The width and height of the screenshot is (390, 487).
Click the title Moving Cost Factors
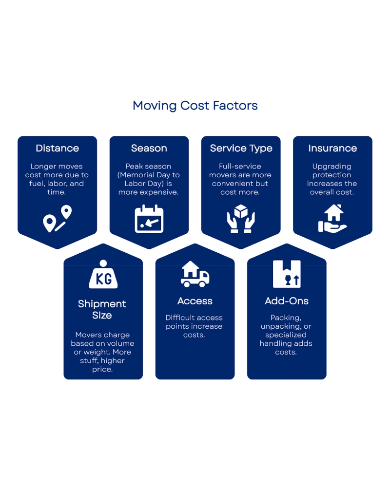click(x=195, y=105)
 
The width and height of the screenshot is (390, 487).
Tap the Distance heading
click(x=57, y=148)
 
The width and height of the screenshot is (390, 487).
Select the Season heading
click(x=149, y=148)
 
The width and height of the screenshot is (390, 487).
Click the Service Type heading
click(x=241, y=148)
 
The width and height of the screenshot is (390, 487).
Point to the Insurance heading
click(x=332, y=148)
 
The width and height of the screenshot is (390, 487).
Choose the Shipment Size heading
click(x=102, y=309)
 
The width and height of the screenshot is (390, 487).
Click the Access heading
click(x=195, y=301)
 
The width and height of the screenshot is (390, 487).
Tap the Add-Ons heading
click(x=287, y=301)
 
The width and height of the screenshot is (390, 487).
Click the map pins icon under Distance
click(x=57, y=219)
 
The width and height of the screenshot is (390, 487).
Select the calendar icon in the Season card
click(x=149, y=219)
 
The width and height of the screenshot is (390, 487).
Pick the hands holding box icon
click(x=241, y=219)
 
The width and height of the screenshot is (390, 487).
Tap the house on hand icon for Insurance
click(x=332, y=219)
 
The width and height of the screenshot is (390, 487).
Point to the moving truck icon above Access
click(x=195, y=274)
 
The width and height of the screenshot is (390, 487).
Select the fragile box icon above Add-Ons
click(x=287, y=274)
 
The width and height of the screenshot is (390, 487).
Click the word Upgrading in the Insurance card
click(x=332, y=166)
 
